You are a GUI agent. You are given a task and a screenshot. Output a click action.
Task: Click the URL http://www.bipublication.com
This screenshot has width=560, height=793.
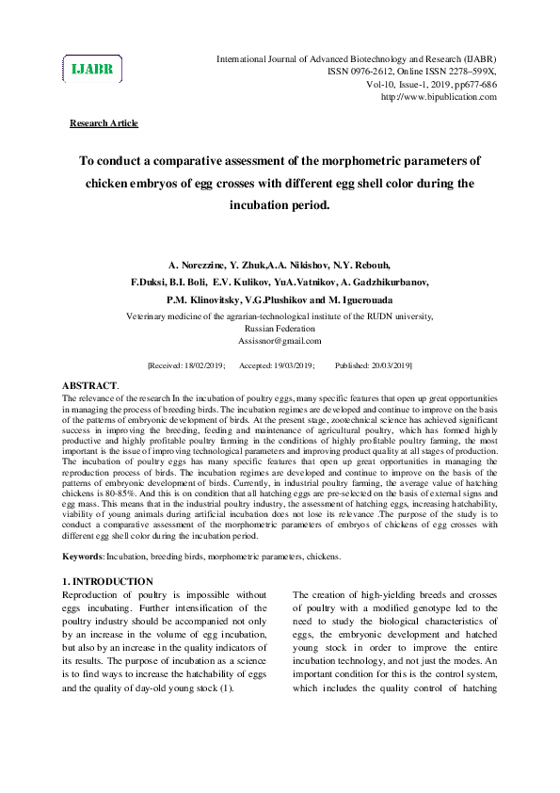438,97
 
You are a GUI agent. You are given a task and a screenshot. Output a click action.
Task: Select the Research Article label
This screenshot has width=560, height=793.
104,123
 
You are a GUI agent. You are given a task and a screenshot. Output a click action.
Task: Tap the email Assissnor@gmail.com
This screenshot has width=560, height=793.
280,341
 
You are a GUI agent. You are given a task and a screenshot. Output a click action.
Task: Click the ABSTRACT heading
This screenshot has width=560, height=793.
89,386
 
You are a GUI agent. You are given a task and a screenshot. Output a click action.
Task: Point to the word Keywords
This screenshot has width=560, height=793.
83,558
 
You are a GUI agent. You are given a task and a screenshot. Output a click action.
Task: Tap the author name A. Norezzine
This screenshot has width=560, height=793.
199,265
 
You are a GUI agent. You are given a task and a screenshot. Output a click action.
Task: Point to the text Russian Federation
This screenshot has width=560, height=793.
280,329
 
